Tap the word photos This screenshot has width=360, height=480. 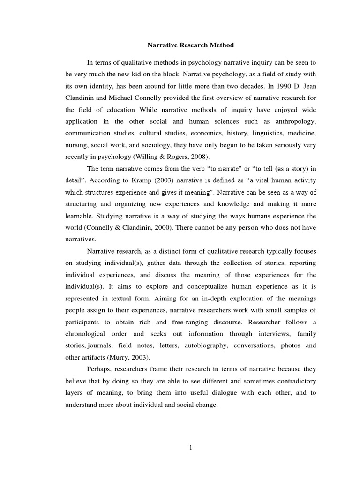pos(292,346)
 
